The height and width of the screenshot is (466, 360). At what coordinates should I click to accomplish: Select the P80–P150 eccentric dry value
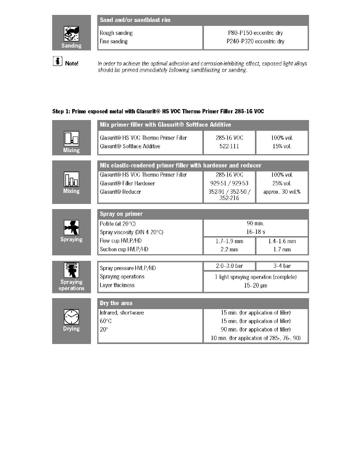coord(256,33)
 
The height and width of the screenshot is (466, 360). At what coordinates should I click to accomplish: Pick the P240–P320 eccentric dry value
coord(256,42)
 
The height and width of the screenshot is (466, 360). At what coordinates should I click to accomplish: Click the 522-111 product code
coord(229,146)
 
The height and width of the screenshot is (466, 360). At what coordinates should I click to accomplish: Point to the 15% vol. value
coord(282,146)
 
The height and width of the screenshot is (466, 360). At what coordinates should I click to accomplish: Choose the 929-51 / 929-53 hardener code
coord(229,183)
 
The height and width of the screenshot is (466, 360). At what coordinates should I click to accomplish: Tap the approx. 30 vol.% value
coord(282,192)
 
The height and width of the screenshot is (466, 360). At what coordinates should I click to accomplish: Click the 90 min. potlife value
coord(255,224)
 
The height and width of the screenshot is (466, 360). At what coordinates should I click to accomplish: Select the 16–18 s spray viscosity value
coord(255,232)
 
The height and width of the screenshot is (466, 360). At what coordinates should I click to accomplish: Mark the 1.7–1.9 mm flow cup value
coord(229,241)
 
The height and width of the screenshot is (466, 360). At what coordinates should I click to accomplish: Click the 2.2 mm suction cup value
coord(229,249)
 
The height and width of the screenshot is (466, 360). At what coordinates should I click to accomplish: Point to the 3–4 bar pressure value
coord(282,266)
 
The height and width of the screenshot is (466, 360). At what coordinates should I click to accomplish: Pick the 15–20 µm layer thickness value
coord(255,286)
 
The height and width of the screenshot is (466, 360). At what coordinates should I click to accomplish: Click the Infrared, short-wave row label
coord(122,313)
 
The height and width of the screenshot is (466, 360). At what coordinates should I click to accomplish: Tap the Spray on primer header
coord(121,214)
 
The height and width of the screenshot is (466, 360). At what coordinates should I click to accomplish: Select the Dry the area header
coord(116,303)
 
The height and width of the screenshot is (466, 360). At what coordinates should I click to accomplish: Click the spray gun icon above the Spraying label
coord(71,228)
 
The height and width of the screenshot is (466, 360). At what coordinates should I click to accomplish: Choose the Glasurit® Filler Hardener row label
coord(127,183)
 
